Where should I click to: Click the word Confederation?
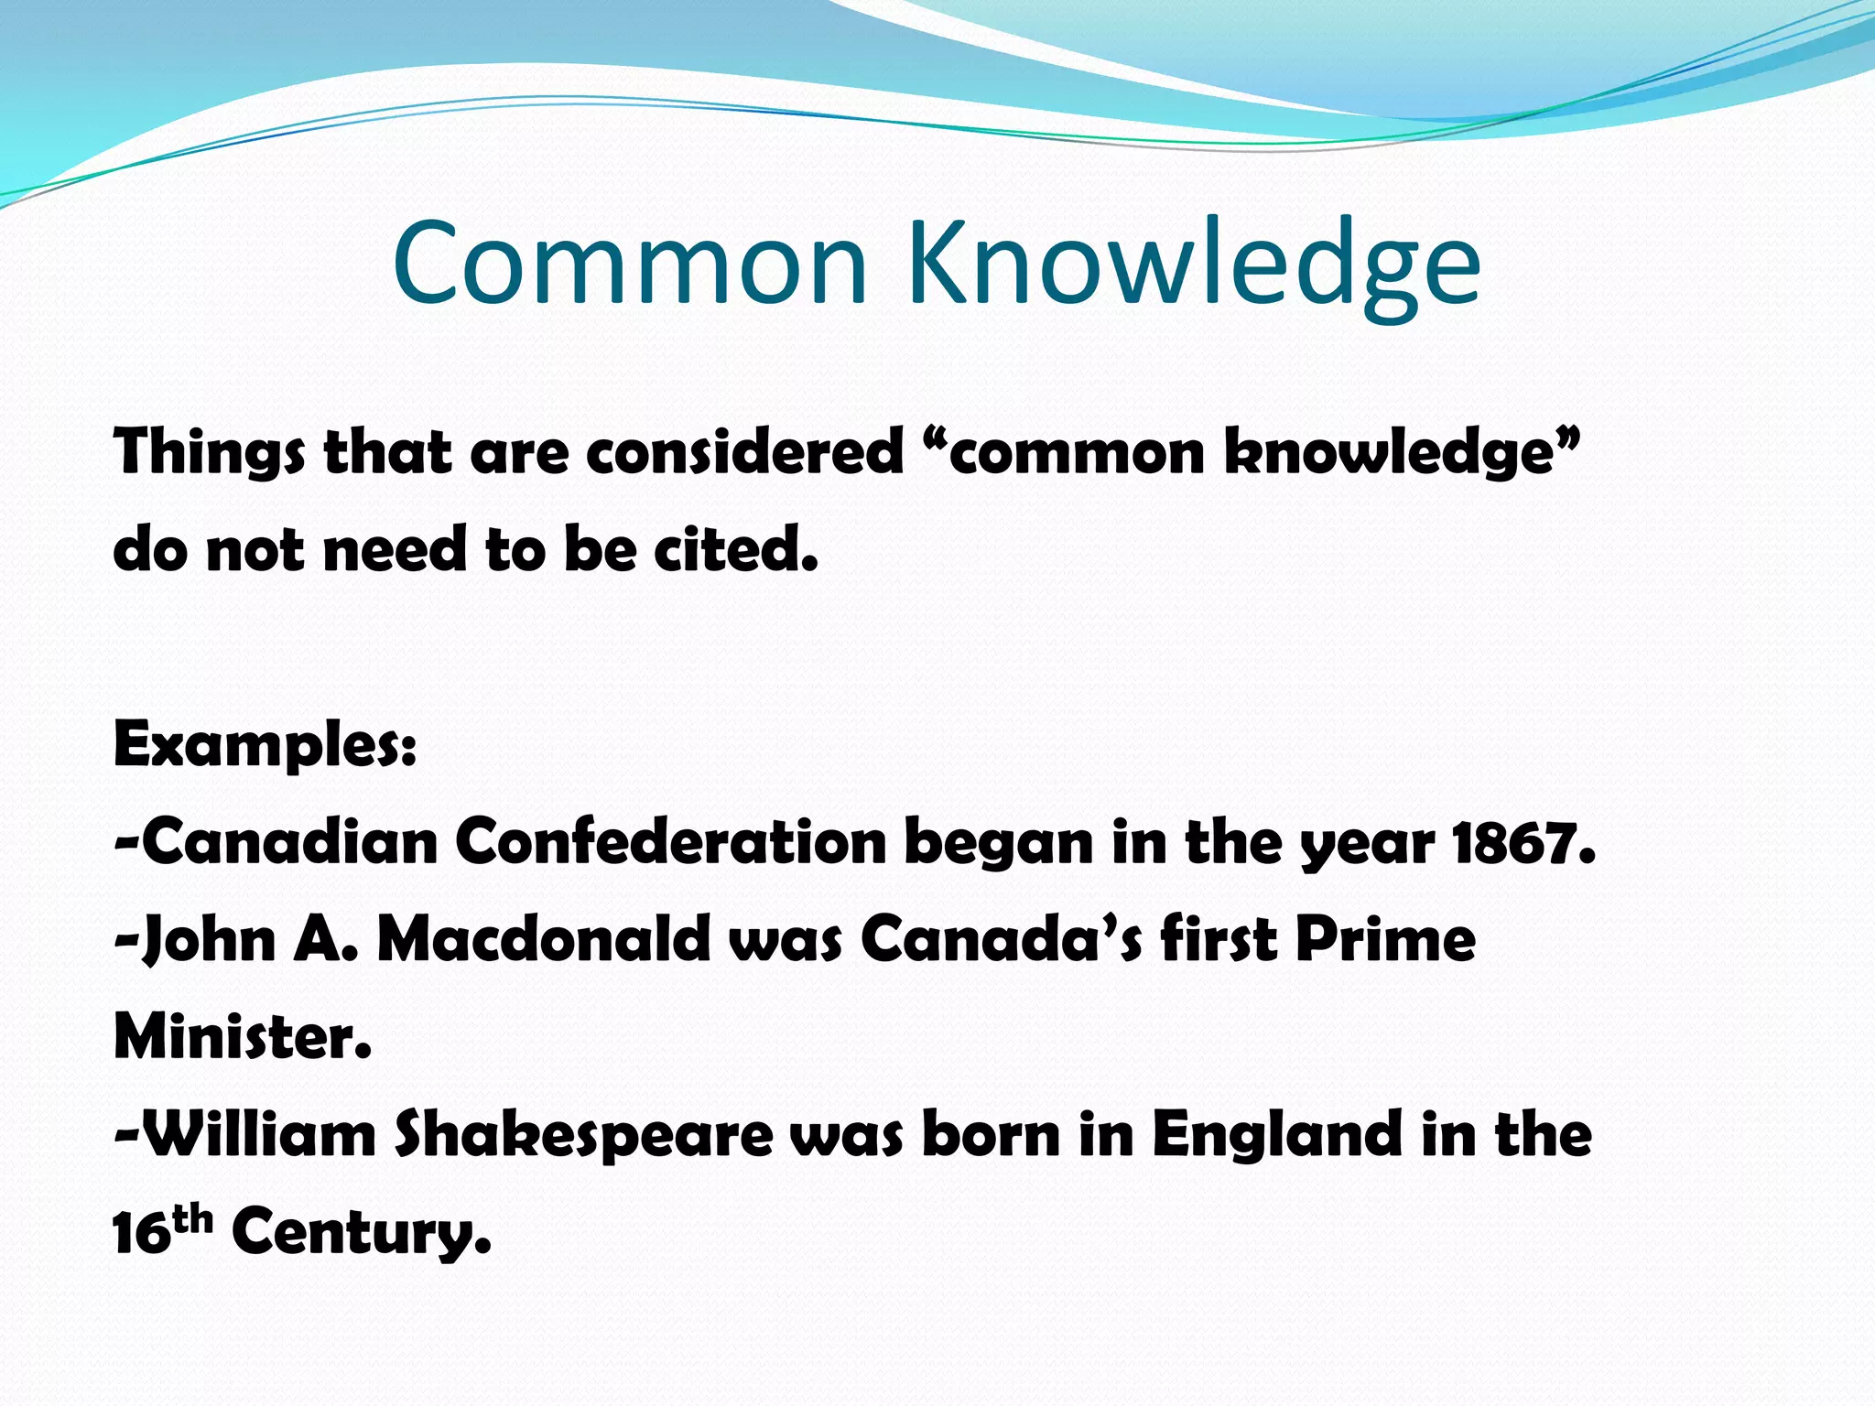pyautogui.click(x=671, y=841)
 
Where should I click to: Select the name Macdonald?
pyautogui.click(x=544, y=940)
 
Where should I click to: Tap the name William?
pyautogui.click(x=260, y=1135)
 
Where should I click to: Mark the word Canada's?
pyautogui.click(x=1001, y=940)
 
